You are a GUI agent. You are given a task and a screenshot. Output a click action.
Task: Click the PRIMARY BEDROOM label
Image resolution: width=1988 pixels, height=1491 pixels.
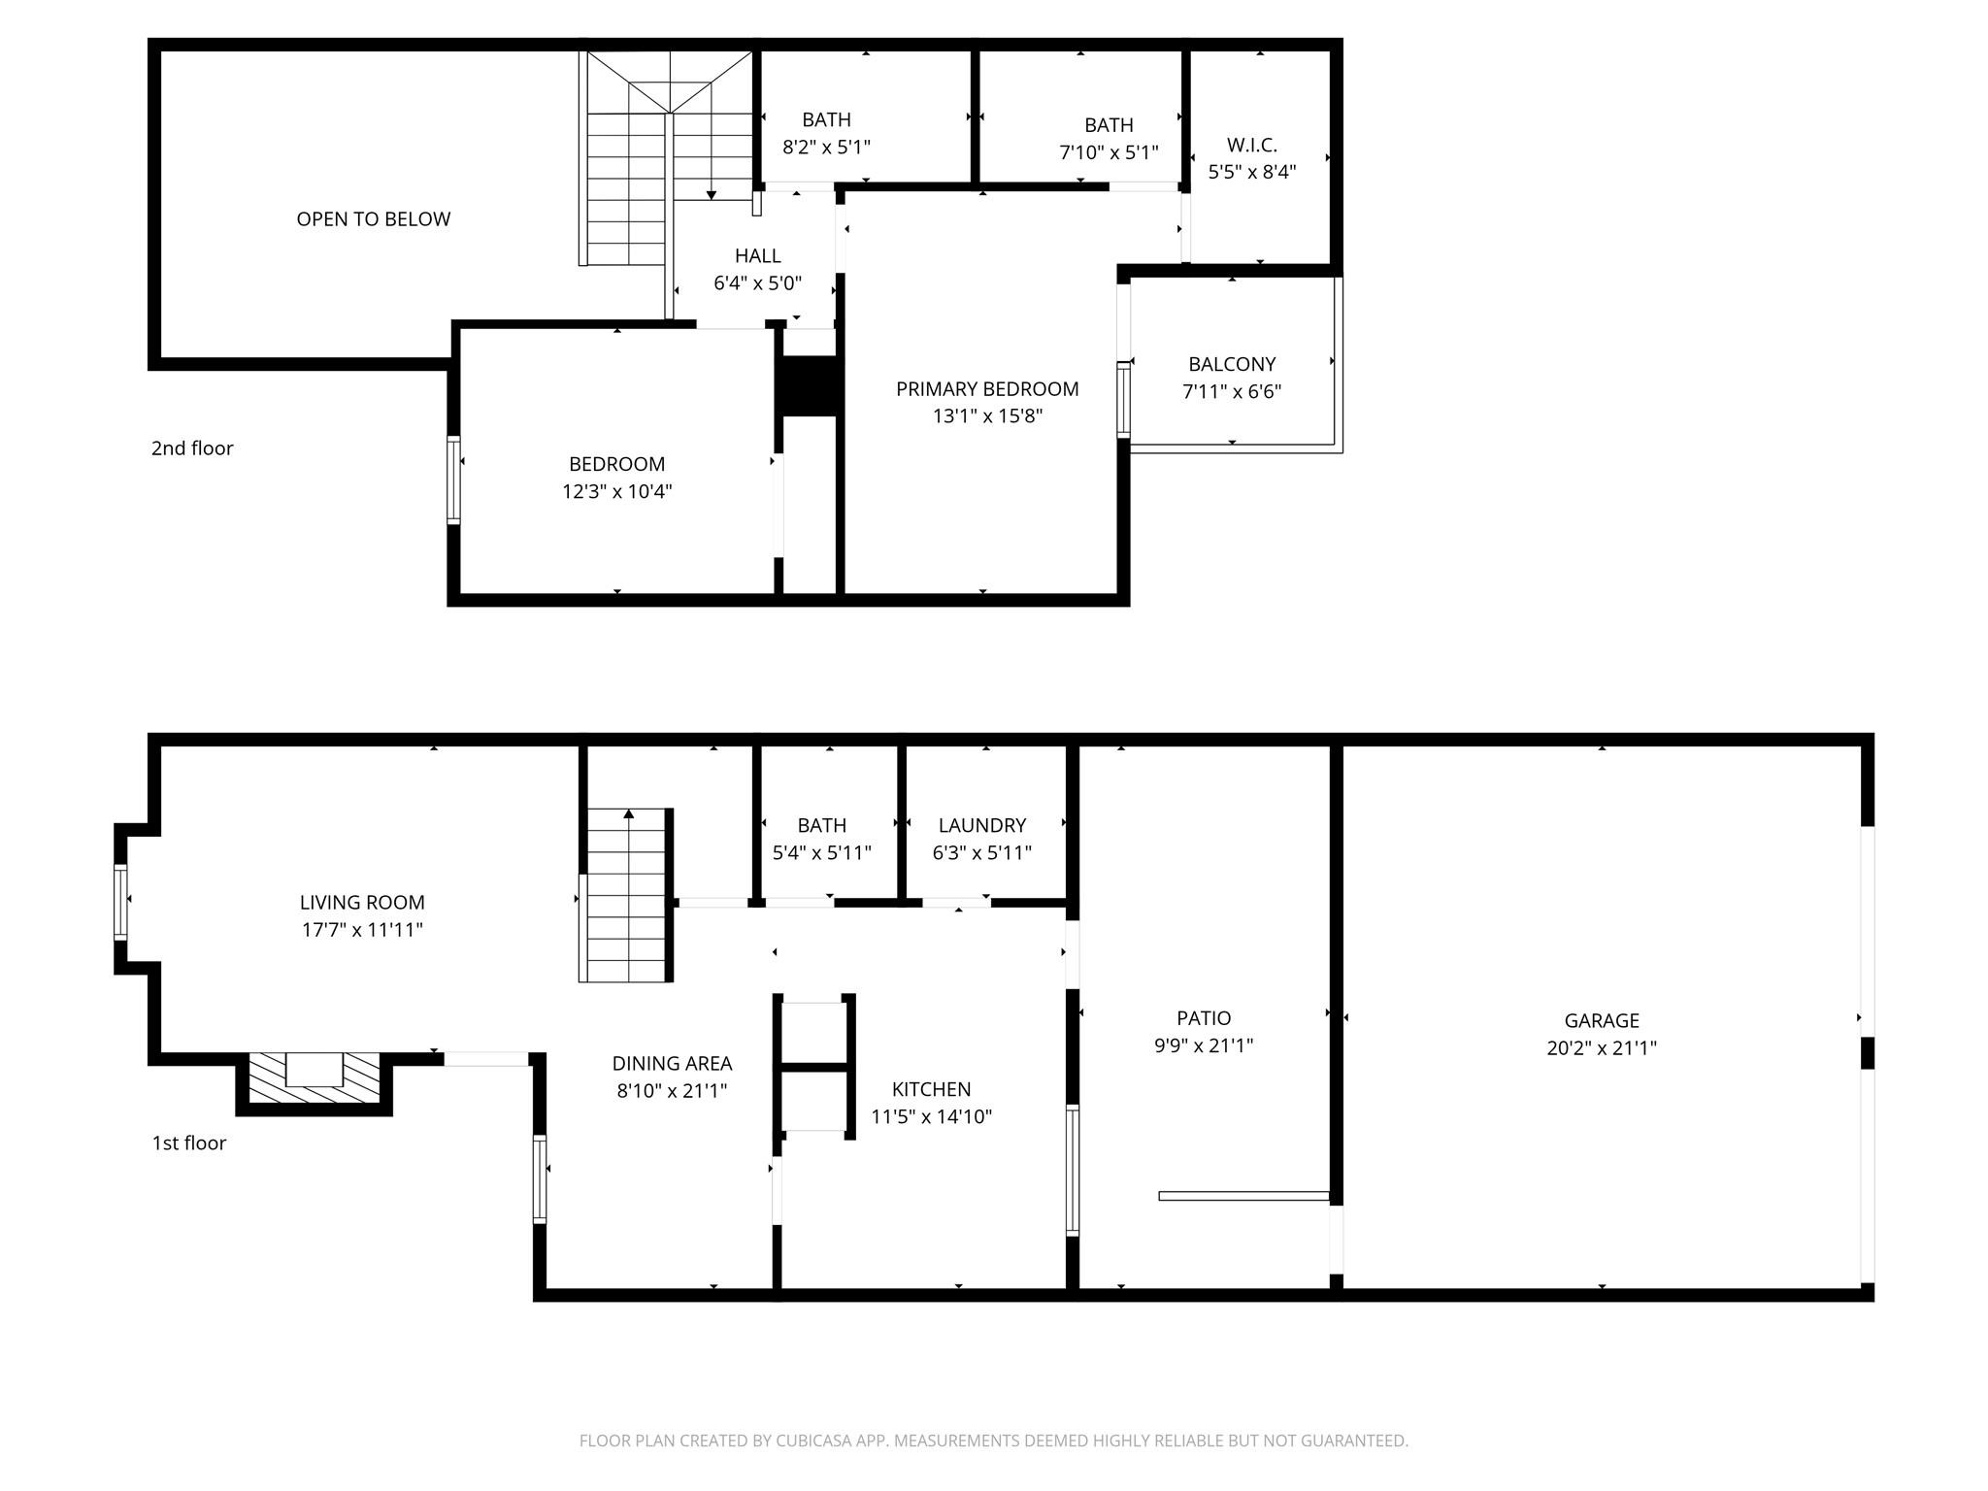[987, 389]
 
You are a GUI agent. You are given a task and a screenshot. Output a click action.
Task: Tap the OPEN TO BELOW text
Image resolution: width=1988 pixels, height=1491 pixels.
[374, 219]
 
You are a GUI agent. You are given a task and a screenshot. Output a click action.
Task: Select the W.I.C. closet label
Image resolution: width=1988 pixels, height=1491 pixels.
[1252, 146]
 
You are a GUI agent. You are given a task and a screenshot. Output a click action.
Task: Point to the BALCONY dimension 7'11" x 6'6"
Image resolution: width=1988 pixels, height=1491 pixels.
[1232, 392]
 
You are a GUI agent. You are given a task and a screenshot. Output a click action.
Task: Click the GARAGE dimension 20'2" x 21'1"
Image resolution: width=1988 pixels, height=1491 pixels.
[1602, 1048]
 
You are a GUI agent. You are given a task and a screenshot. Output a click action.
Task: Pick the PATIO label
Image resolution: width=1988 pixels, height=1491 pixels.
[1204, 1018]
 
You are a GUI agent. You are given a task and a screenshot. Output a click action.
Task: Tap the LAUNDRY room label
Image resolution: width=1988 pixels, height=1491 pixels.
[982, 825]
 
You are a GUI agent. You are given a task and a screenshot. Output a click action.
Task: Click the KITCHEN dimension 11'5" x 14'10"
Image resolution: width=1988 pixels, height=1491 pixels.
[932, 1117]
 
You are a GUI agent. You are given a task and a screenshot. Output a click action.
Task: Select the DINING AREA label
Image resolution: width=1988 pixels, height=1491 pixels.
[672, 1064]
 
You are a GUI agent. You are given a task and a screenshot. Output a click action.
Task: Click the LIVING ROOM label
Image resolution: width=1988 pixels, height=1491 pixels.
[362, 903]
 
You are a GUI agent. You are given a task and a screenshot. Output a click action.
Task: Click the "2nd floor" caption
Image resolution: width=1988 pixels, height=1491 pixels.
[192, 448]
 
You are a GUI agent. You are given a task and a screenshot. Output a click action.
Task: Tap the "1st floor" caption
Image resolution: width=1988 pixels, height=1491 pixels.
[189, 1143]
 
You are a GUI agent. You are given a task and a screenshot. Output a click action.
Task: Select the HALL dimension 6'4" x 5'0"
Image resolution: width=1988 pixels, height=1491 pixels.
[758, 283]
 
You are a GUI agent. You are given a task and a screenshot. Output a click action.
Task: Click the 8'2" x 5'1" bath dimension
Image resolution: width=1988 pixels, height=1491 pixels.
[827, 148]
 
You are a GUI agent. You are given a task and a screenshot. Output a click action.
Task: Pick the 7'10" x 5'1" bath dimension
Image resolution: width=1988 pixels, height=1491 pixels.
[1109, 152]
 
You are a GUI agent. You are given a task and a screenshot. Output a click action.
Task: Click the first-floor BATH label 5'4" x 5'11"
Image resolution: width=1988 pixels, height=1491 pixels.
[822, 825]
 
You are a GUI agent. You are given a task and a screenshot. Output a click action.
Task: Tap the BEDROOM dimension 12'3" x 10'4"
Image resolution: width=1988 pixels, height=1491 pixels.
[617, 491]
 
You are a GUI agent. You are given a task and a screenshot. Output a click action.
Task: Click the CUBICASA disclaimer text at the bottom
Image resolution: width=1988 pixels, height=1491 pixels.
[994, 1441]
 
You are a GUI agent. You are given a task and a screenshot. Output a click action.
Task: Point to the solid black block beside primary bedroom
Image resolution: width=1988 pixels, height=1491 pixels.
[809, 386]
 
